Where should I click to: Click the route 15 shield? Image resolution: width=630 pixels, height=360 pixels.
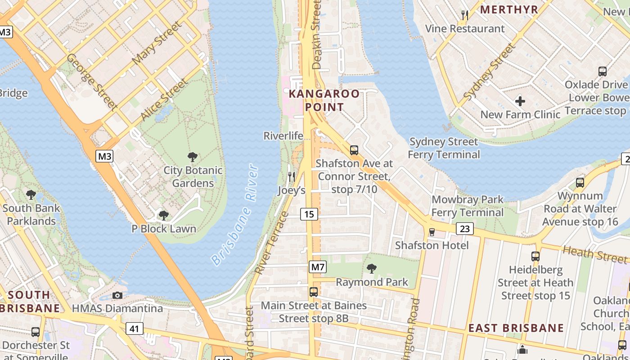tap(309, 214)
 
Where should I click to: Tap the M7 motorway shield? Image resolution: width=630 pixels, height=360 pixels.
tap(318, 267)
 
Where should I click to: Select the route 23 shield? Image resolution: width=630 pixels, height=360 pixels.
tap(464, 229)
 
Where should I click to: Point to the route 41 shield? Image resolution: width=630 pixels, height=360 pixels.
tap(134, 329)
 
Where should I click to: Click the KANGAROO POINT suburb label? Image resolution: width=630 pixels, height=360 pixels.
tap(324, 100)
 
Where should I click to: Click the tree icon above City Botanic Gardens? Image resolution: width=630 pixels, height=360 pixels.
tap(193, 157)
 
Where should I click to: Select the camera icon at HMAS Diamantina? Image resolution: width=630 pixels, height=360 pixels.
tap(117, 295)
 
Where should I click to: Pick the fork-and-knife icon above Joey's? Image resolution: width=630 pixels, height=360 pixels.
tap(292, 177)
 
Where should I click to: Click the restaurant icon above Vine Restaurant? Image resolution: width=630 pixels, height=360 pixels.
tap(465, 15)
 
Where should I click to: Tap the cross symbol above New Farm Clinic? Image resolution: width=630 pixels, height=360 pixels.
tap(520, 101)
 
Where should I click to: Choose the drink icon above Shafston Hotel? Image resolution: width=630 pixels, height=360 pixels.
tap(432, 232)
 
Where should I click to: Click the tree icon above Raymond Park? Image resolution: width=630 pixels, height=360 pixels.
tap(372, 269)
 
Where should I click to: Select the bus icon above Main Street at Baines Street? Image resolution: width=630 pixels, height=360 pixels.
tap(314, 292)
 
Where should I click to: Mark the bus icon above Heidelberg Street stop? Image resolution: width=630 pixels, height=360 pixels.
tap(535, 256)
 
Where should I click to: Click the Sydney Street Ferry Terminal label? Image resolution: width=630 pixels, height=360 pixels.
tap(444, 148)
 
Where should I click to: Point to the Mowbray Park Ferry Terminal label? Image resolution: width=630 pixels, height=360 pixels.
tap(468, 206)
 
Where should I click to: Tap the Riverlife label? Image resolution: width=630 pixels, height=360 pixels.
tap(283, 136)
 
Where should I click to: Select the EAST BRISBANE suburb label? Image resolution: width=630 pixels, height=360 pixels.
tap(516, 328)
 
